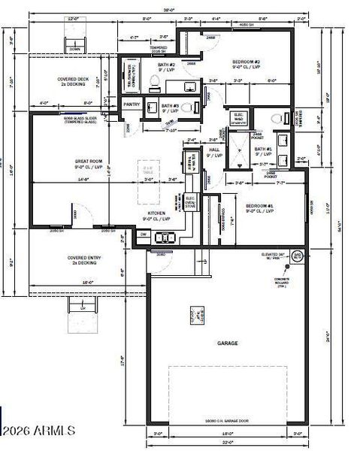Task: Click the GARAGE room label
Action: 228,343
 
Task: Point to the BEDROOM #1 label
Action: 258,204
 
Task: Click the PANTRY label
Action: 132,104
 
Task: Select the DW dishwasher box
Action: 144,235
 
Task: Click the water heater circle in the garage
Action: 297,256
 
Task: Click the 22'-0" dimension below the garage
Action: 228,442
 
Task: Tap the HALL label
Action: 213,153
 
